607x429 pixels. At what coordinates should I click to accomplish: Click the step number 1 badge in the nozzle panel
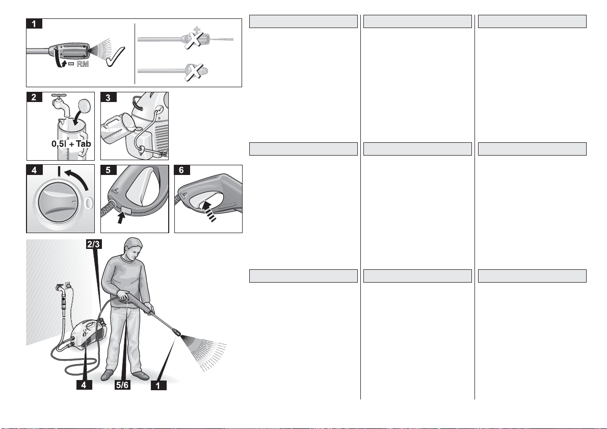(x=34, y=23)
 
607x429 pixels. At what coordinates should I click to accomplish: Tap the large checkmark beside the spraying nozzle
(x=115, y=57)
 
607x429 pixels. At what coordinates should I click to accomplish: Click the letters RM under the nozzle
(x=83, y=64)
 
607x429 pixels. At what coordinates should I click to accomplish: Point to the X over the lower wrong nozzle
(x=195, y=72)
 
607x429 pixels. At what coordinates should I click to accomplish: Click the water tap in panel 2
(x=61, y=104)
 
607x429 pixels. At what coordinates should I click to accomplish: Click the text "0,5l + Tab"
(x=71, y=144)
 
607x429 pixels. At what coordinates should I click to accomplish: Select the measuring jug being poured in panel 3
(x=117, y=130)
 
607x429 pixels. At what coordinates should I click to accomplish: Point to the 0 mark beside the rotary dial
(x=89, y=203)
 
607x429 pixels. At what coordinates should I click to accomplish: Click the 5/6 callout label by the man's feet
(x=122, y=385)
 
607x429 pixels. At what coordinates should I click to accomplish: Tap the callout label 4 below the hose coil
(x=84, y=385)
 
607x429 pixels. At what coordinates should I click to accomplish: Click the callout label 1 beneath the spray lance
(x=158, y=385)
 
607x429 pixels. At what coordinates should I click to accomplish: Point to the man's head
(x=133, y=249)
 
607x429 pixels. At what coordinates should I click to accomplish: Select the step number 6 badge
(x=181, y=170)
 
